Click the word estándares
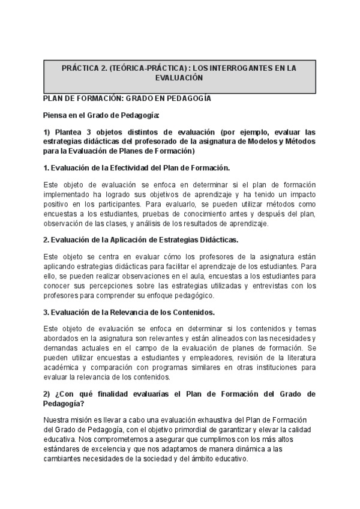[x=62, y=450]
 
